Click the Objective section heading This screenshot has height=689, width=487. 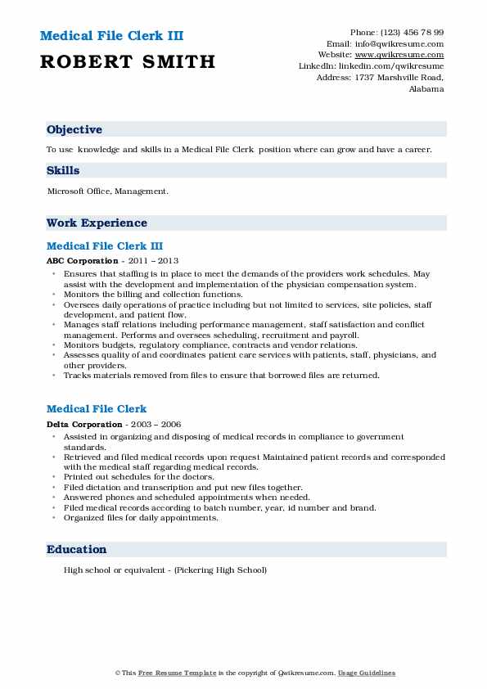coord(74,130)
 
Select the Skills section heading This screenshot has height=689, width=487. coord(63,171)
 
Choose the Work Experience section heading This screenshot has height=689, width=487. coord(97,223)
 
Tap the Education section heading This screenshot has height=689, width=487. coord(76,550)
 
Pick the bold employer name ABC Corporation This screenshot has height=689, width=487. coord(83,261)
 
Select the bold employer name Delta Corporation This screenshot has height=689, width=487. coord(84,425)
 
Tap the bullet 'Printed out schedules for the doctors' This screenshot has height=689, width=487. coord(138,476)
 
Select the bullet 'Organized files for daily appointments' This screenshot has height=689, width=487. coord(141,517)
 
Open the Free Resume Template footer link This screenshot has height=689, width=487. coord(167,673)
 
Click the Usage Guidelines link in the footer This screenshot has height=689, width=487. coord(367,673)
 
